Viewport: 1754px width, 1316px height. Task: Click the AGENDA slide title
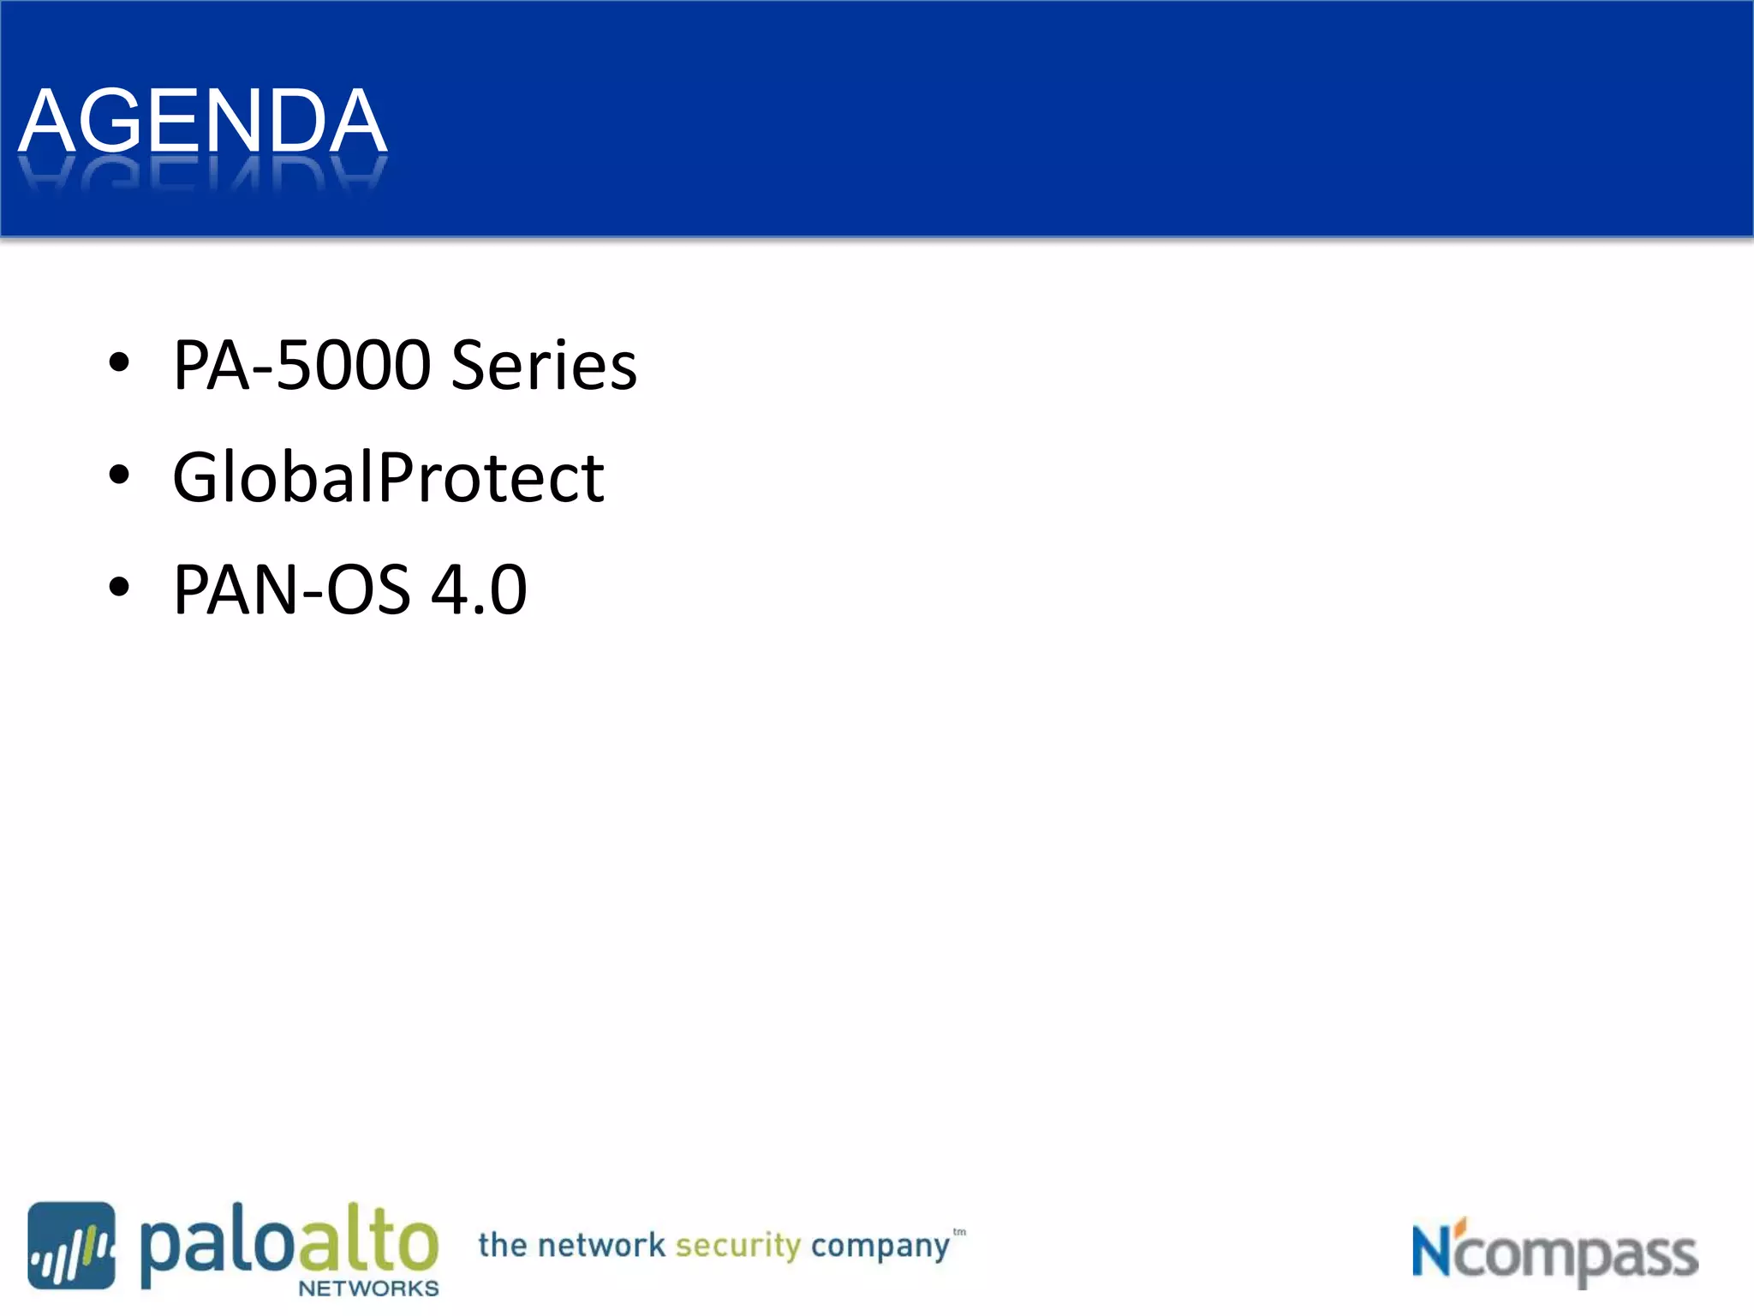(x=203, y=122)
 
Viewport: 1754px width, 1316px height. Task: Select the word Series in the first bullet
(x=544, y=365)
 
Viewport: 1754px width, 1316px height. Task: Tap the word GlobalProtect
(x=388, y=477)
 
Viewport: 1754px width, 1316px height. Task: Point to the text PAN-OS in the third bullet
(x=291, y=589)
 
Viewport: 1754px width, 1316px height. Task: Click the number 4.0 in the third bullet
(x=479, y=589)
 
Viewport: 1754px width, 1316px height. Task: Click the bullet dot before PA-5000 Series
(x=119, y=362)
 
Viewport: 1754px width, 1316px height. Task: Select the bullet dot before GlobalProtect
(x=119, y=475)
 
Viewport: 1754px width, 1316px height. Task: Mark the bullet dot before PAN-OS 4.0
(x=119, y=587)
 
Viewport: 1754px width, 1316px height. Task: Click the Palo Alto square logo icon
(x=71, y=1245)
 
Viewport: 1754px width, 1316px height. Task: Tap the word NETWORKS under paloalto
(x=368, y=1289)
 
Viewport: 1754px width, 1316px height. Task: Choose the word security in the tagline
(x=737, y=1246)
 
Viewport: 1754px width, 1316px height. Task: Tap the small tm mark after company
(x=959, y=1232)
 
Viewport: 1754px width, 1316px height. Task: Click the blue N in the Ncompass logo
(x=1432, y=1251)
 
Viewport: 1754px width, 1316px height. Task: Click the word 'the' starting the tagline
(x=503, y=1245)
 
